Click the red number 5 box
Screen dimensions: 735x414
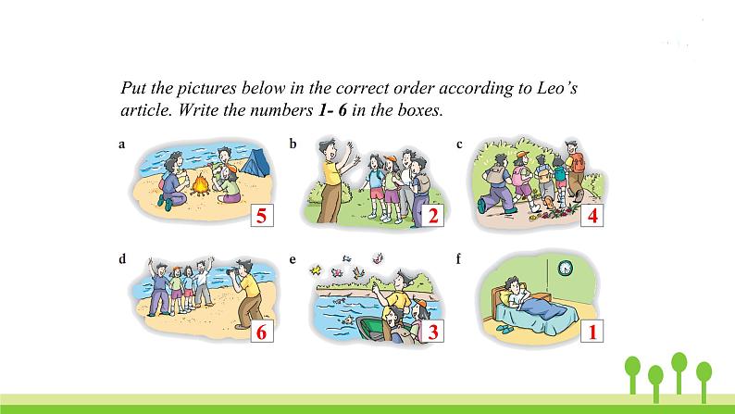click(262, 216)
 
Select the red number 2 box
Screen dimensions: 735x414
click(432, 216)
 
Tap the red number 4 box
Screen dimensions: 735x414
click(592, 216)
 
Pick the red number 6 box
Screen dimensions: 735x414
click(262, 332)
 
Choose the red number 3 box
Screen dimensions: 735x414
click(432, 332)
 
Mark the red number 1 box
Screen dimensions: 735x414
click(592, 332)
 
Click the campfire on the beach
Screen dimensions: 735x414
click(201, 185)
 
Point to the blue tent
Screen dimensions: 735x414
click(255, 162)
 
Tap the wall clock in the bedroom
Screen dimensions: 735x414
click(566, 268)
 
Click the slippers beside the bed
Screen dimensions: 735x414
click(505, 329)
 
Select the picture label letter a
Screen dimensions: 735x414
click(122, 144)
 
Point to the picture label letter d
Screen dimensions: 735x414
click(122, 258)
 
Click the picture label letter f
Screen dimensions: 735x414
click(458, 258)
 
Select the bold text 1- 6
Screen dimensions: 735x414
click(332, 109)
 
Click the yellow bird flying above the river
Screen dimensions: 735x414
click(316, 270)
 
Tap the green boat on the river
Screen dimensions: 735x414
click(374, 329)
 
